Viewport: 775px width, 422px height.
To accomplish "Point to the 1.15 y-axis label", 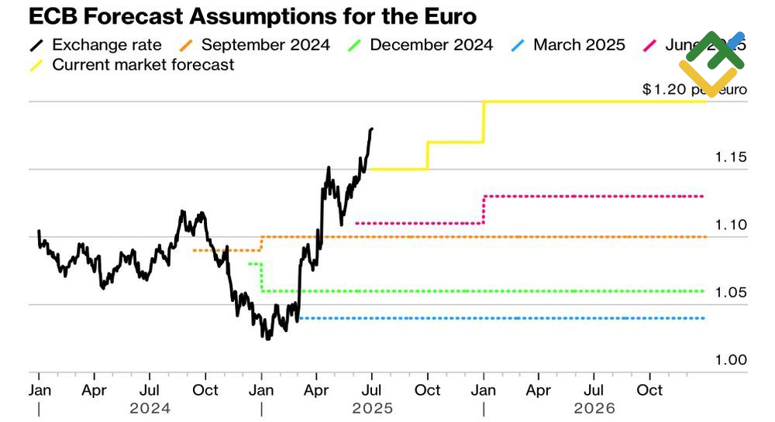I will [730, 157].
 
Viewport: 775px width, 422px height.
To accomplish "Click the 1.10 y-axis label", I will [730, 225].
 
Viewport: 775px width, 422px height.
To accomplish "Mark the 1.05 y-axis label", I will [730, 293].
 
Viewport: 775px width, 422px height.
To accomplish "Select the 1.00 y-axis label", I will [730, 360].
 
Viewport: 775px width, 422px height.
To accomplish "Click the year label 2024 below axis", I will [150, 408].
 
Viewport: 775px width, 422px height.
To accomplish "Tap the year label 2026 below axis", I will [594, 408].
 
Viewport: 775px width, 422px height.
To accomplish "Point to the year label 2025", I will [372, 408].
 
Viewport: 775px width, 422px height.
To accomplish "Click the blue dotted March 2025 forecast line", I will [504, 318].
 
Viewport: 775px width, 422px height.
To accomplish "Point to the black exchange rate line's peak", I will [372, 129].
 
